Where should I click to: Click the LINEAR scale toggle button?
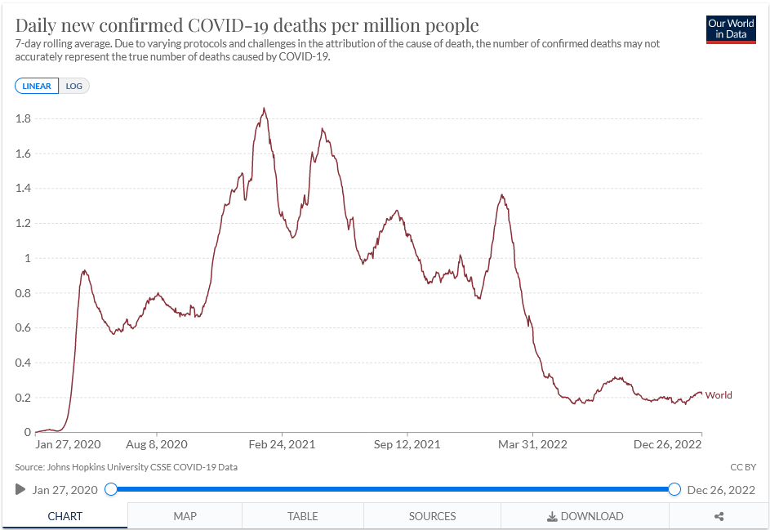coord(37,86)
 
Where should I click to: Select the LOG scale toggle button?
coord(74,86)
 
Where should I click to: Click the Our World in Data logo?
coord(732,29)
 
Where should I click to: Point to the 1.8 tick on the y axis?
coord(23,118)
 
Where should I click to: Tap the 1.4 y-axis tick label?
coord(23,189)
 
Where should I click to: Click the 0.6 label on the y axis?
coord(23,328)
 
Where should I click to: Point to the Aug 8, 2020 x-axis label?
coord(157,444)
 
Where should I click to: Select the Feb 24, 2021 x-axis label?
coord(282,444)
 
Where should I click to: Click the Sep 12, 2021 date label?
coord(407,444)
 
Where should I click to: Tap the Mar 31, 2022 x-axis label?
coord(533,444)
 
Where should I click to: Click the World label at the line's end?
coord(719,395)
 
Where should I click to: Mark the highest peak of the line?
coord(264,109)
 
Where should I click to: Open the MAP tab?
coord(185,516)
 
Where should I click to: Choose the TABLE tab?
coord(302,516)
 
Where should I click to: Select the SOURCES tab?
coord(432,516)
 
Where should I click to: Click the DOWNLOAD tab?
coord(585,516)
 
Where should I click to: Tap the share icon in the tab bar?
coord(719,516)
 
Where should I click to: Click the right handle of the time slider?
coord(674,489)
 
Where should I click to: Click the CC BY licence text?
coord(742,467)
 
